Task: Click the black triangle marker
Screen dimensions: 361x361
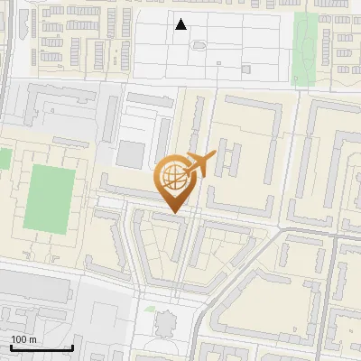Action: click(181, 24)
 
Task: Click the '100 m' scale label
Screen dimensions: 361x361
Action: click(24, 339)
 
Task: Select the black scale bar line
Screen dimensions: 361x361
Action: click(42, 348)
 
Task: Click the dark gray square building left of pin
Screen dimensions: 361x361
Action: click(131, 153)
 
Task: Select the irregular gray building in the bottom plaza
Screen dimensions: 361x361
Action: click(165, 322)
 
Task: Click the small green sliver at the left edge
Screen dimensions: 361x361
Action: click(4, 159)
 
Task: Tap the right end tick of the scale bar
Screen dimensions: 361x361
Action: click(72, 347)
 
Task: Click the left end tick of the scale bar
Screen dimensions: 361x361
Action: click(10, 347)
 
